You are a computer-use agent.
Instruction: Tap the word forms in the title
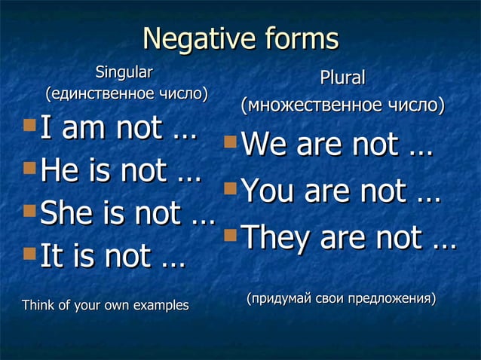(x=296, y=39)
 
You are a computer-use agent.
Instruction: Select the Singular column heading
(x=124, y=73)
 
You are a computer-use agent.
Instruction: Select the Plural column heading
(x=342, y=78)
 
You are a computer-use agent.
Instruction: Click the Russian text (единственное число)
(x=124, y=95)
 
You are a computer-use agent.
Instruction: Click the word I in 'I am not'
(x=46, y=130)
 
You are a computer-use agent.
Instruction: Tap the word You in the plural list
(x=268, y=191)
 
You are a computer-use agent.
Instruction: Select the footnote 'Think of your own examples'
(x=106, y=306)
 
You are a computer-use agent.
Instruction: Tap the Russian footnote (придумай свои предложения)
(x=341, y=300)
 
